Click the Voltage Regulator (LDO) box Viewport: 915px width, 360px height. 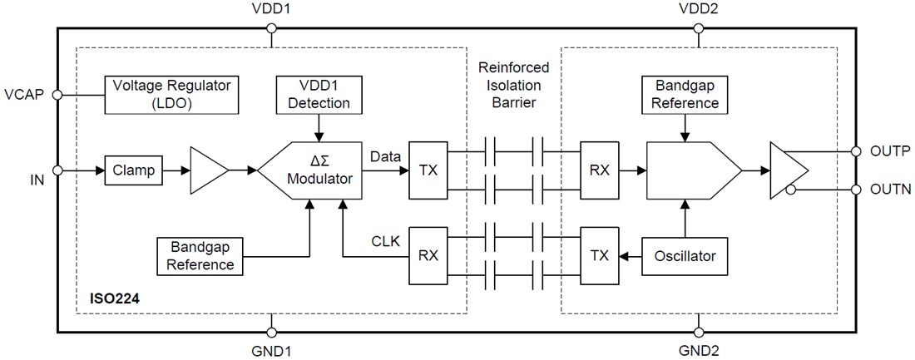point(171,94)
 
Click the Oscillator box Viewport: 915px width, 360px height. point(684,256)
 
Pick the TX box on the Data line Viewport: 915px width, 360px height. point(428,170)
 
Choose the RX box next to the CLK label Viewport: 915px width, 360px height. point(428,256)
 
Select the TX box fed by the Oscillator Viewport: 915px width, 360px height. point(599,256)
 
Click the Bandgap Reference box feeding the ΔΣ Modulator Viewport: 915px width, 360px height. point(201,256)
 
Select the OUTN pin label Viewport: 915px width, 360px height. point(889,190)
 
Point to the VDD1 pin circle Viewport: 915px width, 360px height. point(270,29)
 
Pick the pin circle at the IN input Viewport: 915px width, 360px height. point(57,170)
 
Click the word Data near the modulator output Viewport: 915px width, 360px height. point(384,155)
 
